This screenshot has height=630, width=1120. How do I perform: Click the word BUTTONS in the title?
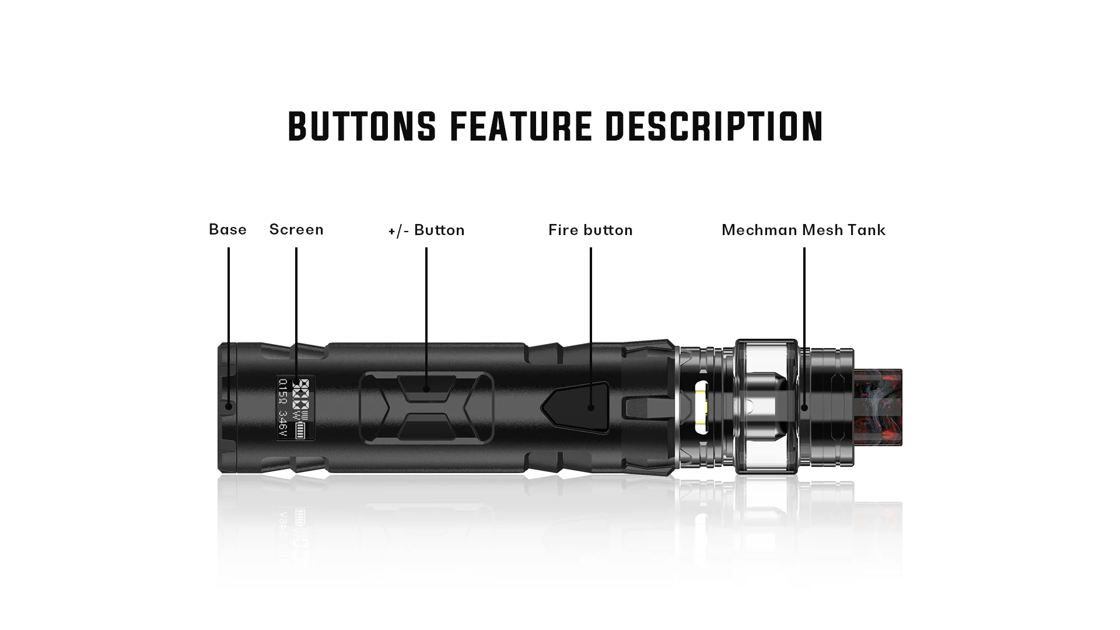(x=362, y=126)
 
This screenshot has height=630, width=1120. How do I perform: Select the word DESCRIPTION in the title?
(x=713, y=126)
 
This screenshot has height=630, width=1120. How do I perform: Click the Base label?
(x=228, y=229)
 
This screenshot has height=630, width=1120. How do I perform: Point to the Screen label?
(x=296, y=229)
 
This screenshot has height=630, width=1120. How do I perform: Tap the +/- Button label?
(x=426, y=230)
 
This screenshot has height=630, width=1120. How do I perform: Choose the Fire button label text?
(x=590, y=230)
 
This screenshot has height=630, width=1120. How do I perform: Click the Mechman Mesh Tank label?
(x=803, y=230)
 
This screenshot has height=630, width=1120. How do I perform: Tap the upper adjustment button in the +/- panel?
(x=426, y=388)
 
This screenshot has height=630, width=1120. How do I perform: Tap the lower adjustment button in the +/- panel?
(x=426, y=428)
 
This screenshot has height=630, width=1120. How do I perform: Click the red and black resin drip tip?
(x=878, y=407)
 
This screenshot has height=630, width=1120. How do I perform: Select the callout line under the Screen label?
(x=296, y=309)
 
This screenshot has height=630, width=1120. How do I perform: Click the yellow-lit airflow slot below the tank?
(x=702, y=407)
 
